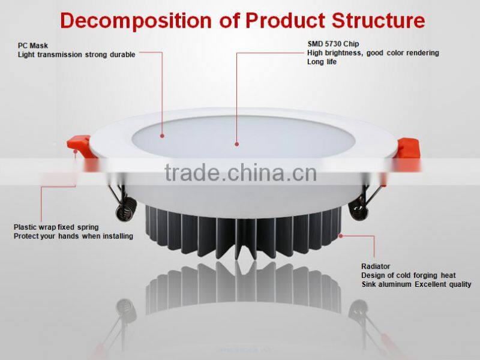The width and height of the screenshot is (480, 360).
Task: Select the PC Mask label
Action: point(32,45)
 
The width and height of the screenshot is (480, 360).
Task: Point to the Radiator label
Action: point(376,266)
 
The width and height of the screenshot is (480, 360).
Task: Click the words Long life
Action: point(322,62)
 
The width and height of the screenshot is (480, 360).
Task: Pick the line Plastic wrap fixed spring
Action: point(56,227)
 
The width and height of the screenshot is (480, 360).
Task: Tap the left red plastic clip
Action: point(80,144)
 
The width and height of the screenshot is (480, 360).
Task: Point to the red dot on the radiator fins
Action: point(340,235)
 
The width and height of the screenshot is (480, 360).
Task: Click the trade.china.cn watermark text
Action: point(240,173)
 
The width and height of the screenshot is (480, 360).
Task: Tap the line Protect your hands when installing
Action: point(73,236)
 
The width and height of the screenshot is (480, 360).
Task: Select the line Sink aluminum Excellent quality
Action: point(416,284)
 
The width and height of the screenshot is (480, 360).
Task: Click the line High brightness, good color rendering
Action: point(373,53)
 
